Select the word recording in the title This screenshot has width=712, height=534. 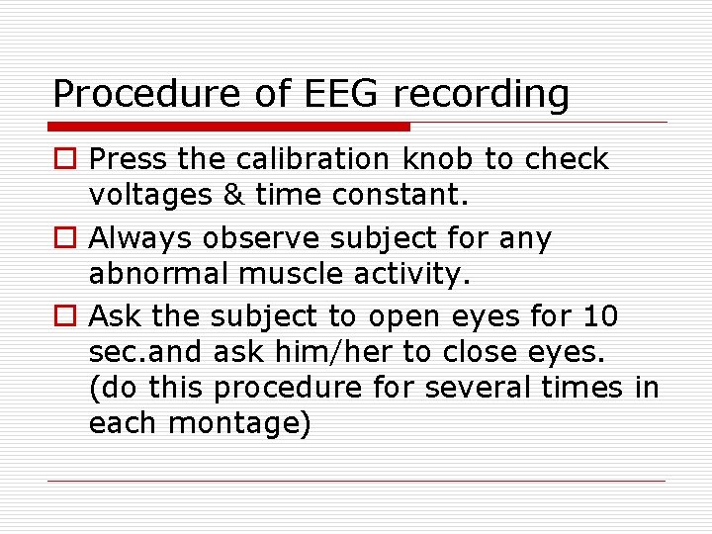point(482,95)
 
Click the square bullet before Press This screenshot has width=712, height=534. point(64,159)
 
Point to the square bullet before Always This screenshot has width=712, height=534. point(64,238)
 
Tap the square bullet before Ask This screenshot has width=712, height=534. point(64,317)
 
